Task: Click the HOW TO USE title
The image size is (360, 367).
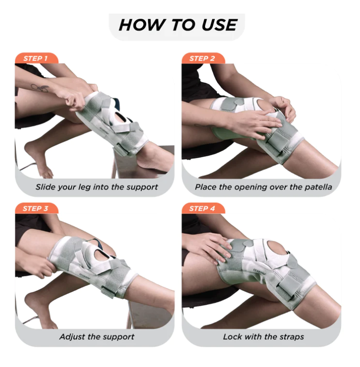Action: coord(178,25)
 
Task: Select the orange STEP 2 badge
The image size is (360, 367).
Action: coord(203,58)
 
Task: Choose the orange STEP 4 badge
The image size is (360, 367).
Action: coord(203,208)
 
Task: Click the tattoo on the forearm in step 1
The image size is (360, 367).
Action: coord(40,88)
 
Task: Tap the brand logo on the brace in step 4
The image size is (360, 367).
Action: coord(259,271)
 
